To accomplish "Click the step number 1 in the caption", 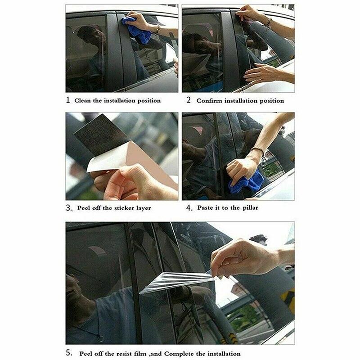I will (x=68, y=100).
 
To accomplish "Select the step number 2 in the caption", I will (x=189, y=100).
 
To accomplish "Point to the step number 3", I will (x=68, y=208).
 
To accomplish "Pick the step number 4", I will (x=189, y=208).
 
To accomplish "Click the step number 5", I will (x=68, y=353).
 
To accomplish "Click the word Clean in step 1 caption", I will (x=83, y=100).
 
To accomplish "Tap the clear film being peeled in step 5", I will (x=180, y=281).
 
